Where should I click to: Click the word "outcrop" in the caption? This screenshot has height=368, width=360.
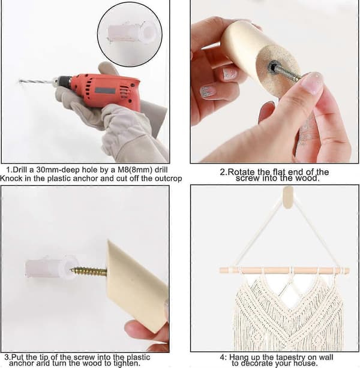[x=168, y=179]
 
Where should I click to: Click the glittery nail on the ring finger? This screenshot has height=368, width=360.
[x=208, y=91]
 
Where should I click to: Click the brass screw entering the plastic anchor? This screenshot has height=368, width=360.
[x=89, y=271]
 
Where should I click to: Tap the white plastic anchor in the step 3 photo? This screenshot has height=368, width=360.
[x=52, y=267]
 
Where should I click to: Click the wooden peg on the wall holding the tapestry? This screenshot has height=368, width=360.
[x=288, y=197]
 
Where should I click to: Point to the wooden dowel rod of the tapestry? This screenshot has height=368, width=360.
[x=284, y=270]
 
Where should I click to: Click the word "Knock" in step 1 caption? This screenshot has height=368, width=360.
[x=11, y=179]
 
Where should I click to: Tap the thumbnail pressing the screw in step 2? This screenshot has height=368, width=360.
[x=313, y=82]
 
